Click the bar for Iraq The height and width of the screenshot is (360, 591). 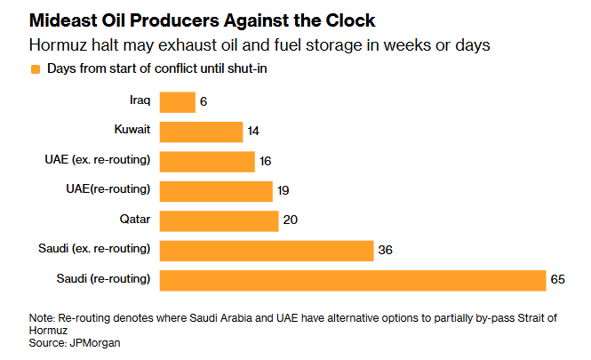tap(177, 102)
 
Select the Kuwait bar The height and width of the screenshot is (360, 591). tap(201, 132)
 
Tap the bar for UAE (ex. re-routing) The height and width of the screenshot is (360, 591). tap(207, 161)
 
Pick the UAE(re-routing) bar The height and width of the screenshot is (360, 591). tap(216, 190)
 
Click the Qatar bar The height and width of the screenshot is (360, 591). tap(219, 220)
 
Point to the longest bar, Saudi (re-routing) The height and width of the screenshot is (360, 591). tap(353, 279)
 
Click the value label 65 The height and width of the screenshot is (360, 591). tap(557, 280)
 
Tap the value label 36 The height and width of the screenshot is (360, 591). tap(386, 251)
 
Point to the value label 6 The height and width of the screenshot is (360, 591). tap(204, 103)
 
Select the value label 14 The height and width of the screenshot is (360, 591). tap(253, 132)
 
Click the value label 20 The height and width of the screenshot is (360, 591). tap(291, 220)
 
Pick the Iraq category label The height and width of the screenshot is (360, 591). tap(140, 101)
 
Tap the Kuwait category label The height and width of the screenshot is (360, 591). tap(132, 131)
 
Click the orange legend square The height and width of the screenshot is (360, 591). tap(36, 68)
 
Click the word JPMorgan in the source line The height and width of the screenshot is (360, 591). tap(95, 342)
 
